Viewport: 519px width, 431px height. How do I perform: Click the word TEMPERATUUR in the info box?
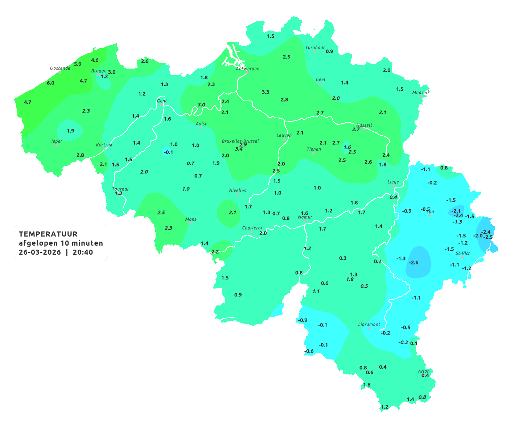[x=48, y=234]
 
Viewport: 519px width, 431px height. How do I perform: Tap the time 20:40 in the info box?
[x=83, y=252]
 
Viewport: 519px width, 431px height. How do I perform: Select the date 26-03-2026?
[x=40, y=252]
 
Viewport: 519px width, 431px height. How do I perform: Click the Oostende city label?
[x=60, y=68]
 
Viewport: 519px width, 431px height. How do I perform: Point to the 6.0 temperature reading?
[x=50, y=83]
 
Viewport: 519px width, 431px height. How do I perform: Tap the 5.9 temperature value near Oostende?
[x=78, y=64]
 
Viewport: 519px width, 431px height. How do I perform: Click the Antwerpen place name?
[x=248, y=69]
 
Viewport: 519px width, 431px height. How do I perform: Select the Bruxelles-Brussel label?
[x=240, y=141]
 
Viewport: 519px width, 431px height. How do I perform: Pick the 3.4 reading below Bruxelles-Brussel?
[x=239, y=149]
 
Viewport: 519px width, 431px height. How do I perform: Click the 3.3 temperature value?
[x=265, y=92]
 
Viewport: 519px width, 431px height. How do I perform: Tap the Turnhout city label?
[x=315, y=48]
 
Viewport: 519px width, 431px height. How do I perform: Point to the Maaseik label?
[x=421, y=93]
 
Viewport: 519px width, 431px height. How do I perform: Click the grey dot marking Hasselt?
[x=364, y=129]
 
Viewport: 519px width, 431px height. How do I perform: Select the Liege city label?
[x=393, y=182]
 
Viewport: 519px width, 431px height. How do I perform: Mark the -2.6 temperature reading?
[x=413, y=263]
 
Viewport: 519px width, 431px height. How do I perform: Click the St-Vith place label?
[x=463, y=253]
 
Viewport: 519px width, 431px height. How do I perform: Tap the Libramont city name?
[x=369, y=324]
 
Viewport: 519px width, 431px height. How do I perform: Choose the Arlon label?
[x=424, y=371]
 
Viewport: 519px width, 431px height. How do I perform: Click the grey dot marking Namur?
[x=305, y=221]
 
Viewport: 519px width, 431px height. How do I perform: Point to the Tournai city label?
[x=120, y=189]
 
